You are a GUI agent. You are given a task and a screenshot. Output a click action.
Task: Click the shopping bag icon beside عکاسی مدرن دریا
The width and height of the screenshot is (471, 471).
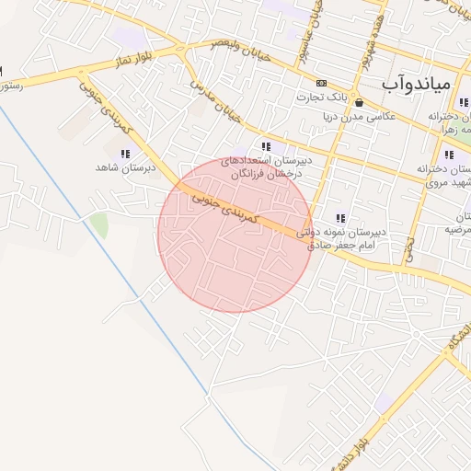coord(359,102)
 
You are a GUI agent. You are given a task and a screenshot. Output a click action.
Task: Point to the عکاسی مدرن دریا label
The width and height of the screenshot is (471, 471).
coord(359,117)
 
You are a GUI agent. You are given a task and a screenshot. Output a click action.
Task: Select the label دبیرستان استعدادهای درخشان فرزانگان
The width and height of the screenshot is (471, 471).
coord(271,167)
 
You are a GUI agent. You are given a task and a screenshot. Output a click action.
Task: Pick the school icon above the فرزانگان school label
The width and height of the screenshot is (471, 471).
coord(266,146)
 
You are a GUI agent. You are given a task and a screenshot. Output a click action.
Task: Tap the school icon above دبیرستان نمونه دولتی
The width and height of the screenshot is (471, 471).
coord(341,218)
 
